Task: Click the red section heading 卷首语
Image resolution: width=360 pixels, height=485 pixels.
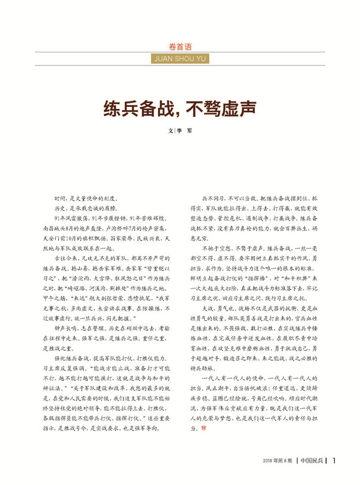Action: pos(180,46)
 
